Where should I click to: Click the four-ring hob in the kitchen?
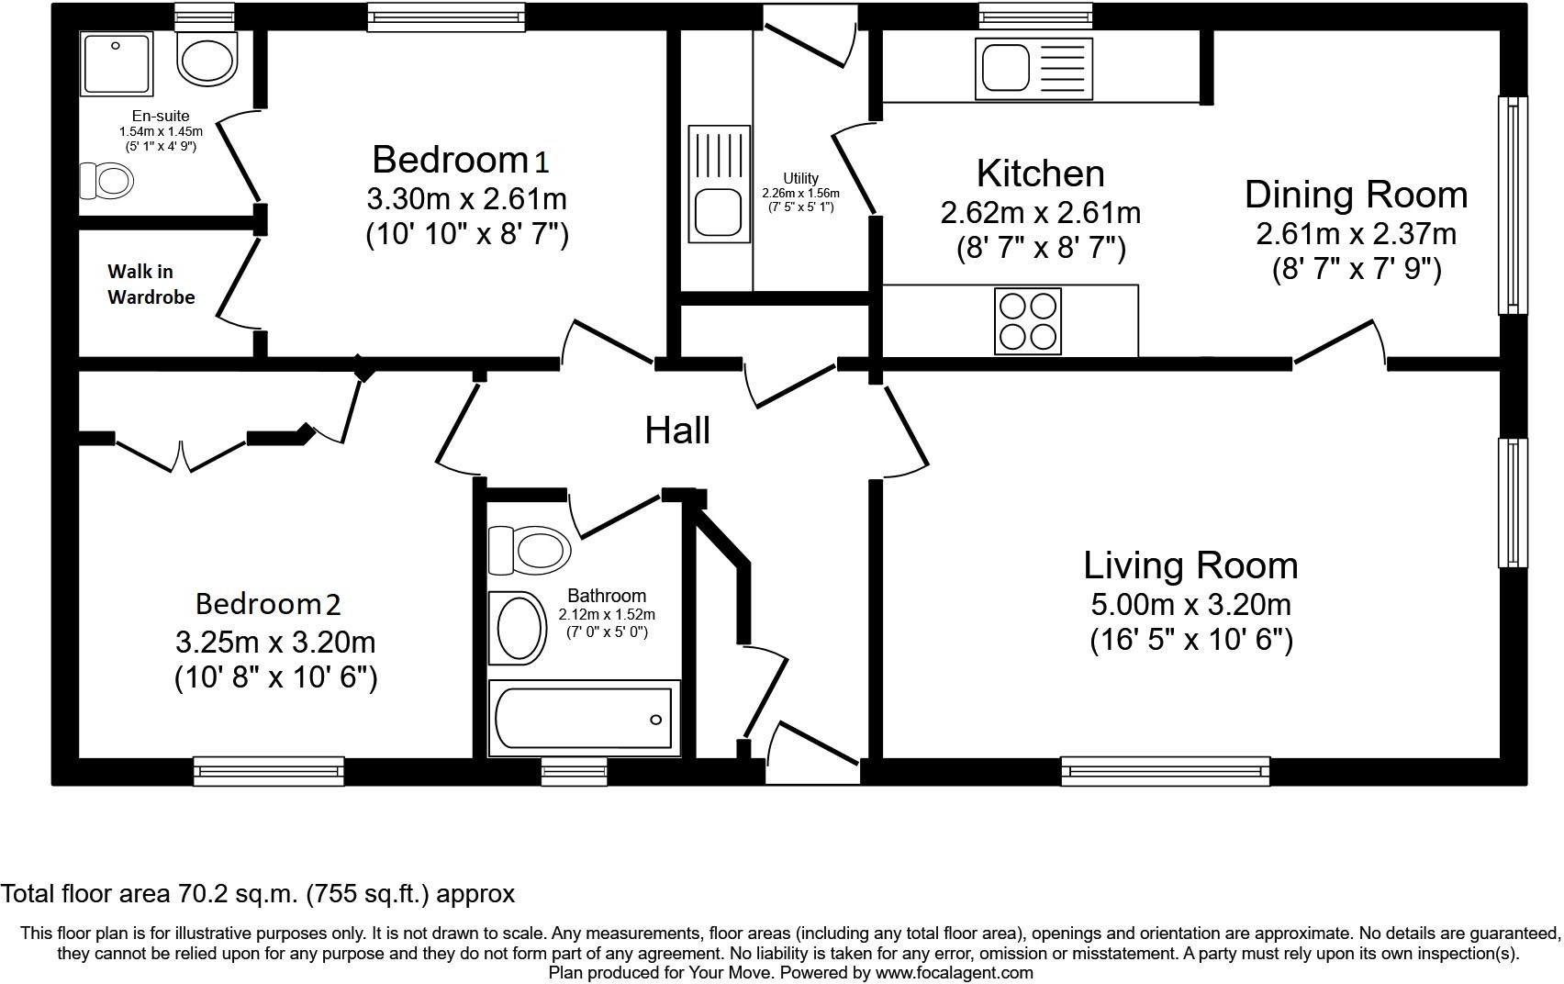[x=1028, y=320]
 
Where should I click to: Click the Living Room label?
[x=1190, y=565]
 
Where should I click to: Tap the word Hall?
[x=677, y=430]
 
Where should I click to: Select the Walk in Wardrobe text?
[x=151, y=285]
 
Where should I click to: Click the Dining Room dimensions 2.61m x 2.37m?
[x=1356, y=234]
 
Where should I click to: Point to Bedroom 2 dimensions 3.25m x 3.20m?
[x=275, y=642]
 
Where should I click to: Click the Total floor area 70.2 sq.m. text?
[x=258, y=893]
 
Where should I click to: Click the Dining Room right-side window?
[x=1513, y=205]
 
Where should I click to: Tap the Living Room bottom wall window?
[x=1166, y=772]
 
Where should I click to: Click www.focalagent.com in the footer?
[x=954, y=973]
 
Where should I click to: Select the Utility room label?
[x=800, y=178]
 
